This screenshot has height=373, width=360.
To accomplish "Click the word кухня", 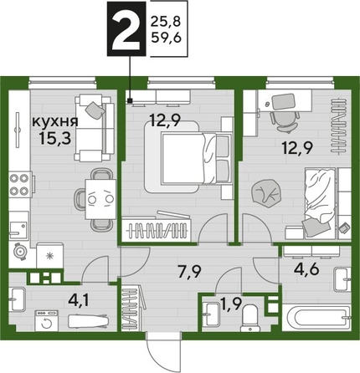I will [50, 123].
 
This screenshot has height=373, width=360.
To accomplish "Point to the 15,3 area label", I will [50, 140].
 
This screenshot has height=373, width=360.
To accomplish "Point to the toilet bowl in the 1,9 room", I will [248, 316].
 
